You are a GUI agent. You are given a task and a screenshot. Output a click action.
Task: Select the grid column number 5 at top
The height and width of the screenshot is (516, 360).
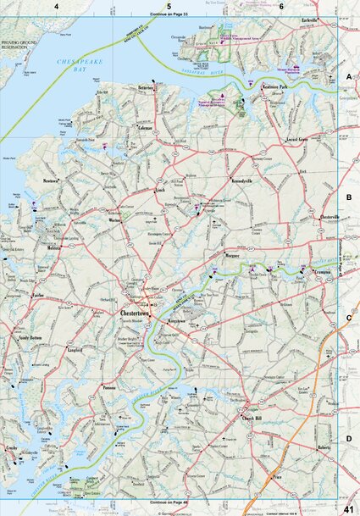169,7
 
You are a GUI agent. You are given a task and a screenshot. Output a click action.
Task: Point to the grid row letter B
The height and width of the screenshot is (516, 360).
349,197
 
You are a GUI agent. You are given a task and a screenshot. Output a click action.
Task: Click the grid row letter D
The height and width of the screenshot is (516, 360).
349,437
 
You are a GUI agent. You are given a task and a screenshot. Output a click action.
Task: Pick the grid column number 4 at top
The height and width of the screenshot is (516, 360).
57,7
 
